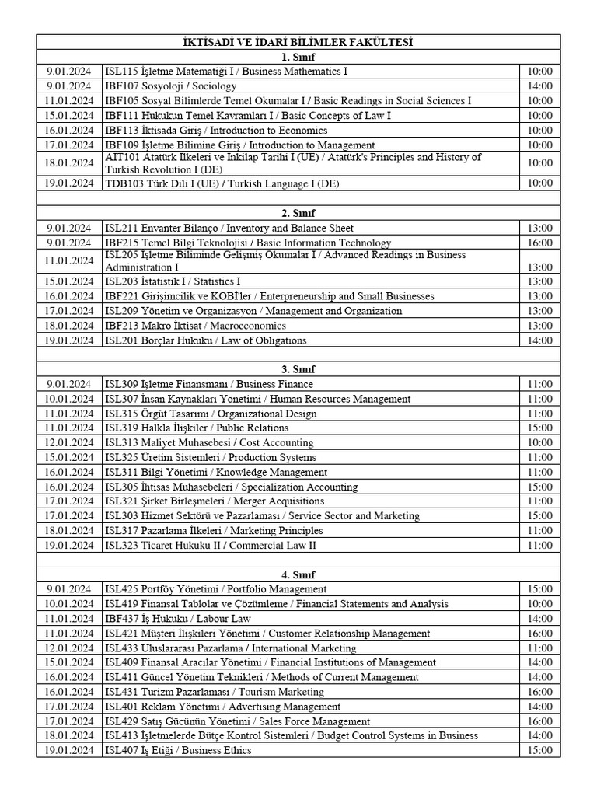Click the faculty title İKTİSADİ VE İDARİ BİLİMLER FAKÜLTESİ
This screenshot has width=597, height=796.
point(298,42)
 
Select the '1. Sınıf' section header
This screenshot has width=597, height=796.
point(298,57)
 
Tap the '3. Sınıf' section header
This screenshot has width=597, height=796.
point(298,369)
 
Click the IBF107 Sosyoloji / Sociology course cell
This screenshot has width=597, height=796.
point(171,86)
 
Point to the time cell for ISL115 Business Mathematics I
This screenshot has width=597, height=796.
point(539,72)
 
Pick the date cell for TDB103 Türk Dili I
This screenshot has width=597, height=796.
point(68,183)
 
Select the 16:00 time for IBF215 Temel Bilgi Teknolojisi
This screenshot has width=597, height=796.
point(539,243)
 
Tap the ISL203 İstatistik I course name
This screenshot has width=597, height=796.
point(173,281)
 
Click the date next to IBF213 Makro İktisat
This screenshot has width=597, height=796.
point(68,326)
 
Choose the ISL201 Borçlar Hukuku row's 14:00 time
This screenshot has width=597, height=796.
point(539,340)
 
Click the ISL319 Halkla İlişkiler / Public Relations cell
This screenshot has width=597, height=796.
point(197,428)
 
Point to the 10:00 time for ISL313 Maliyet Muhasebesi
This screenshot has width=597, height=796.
point(539,443)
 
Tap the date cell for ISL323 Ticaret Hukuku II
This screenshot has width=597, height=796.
point(68,546)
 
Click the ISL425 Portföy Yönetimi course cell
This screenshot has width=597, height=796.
point(216,589)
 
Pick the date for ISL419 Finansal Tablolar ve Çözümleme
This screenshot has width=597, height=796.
point(68,604)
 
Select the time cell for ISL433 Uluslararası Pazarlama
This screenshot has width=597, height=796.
point(539,648)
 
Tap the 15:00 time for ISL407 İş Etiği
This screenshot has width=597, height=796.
point(539,751)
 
